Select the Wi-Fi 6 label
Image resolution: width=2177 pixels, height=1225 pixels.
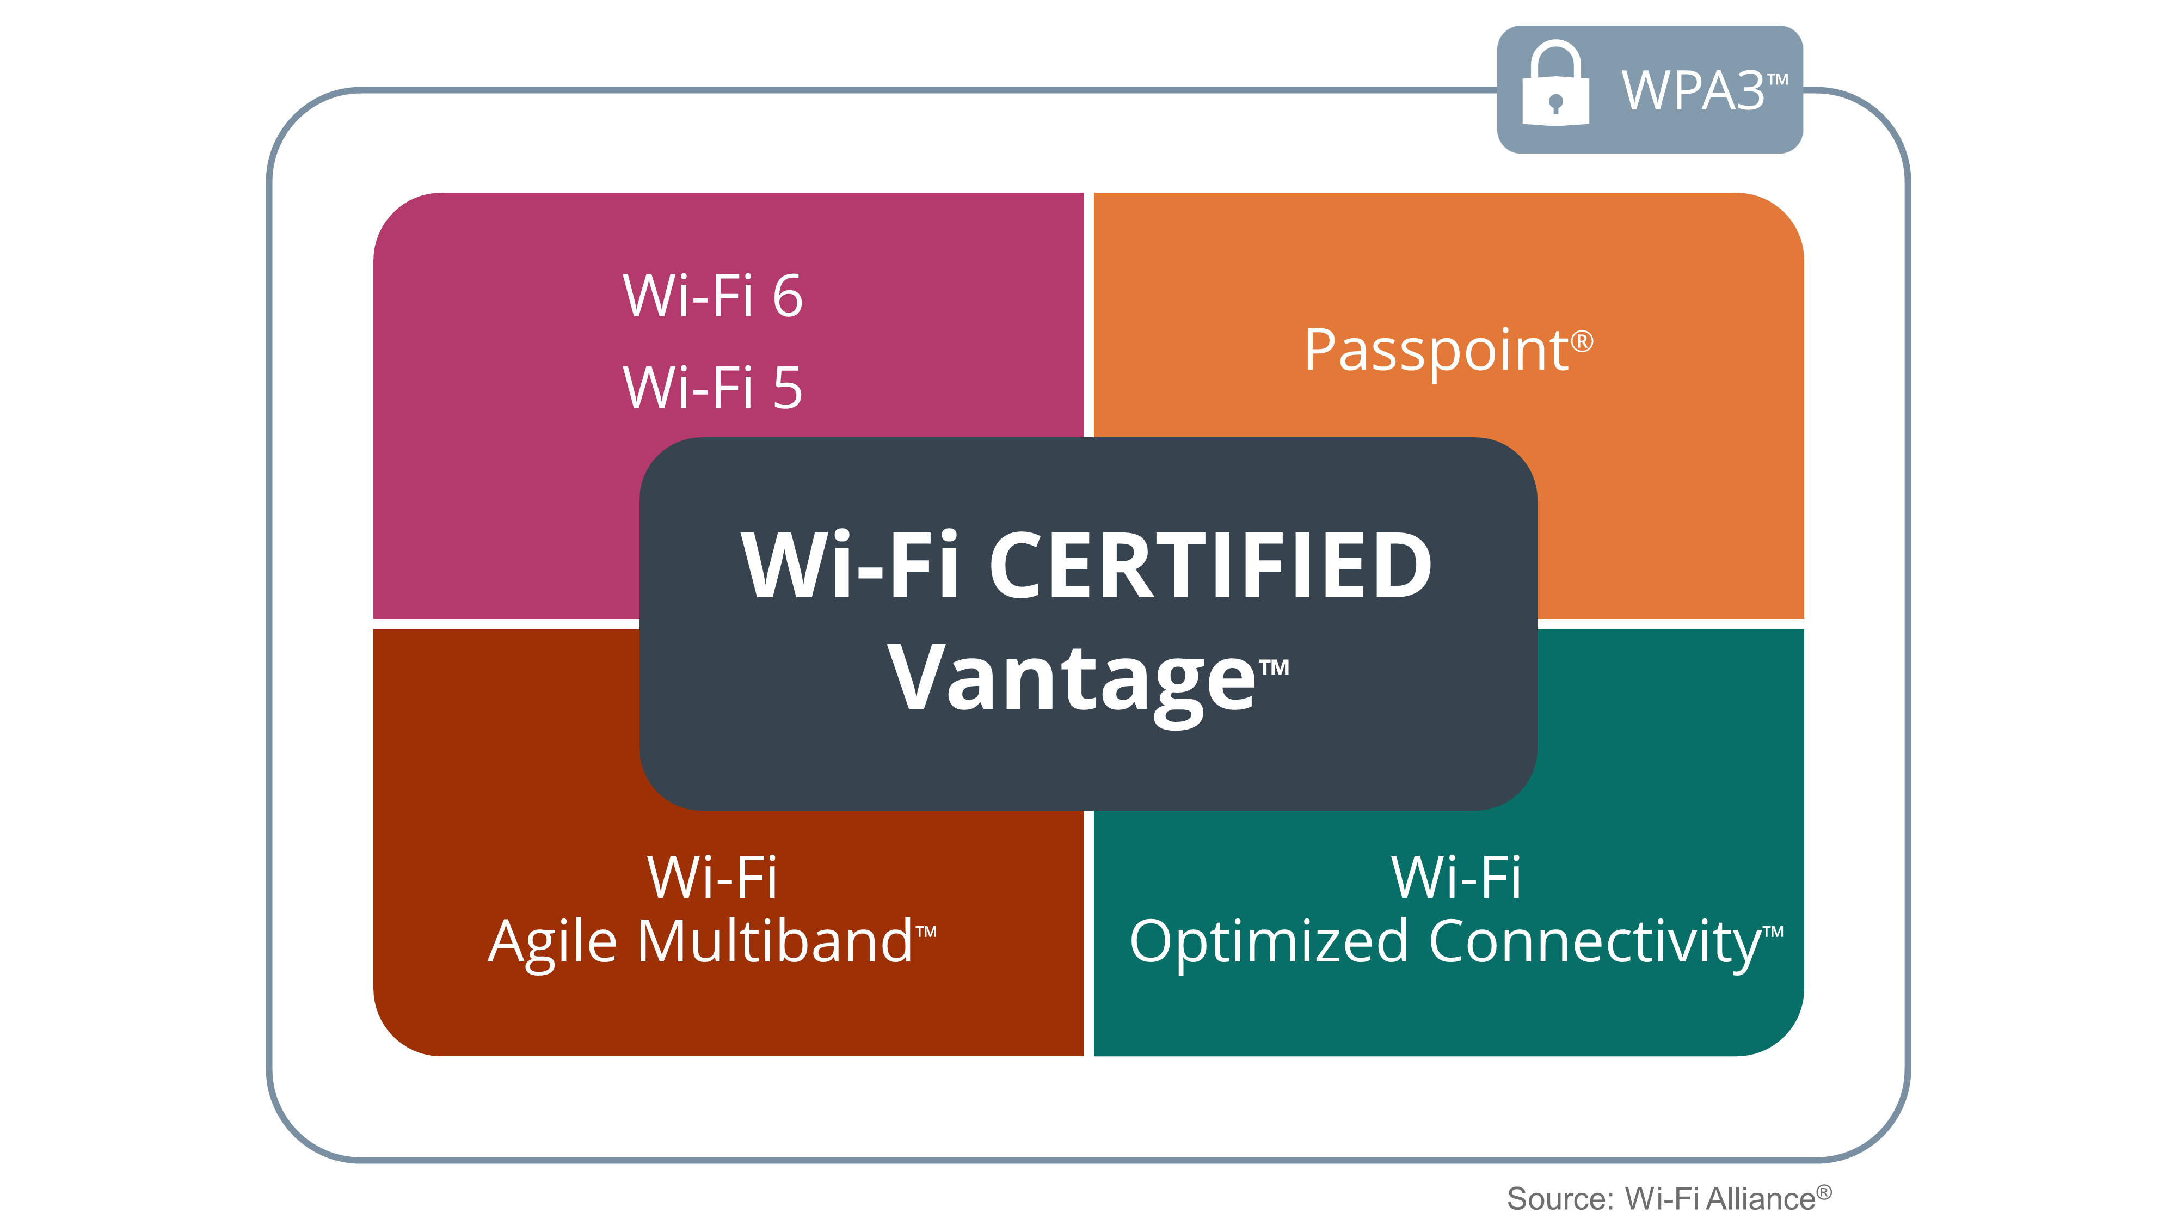712,296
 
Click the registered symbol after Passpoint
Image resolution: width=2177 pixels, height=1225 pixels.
1582,341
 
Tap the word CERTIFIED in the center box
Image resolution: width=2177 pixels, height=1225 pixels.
1210,566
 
